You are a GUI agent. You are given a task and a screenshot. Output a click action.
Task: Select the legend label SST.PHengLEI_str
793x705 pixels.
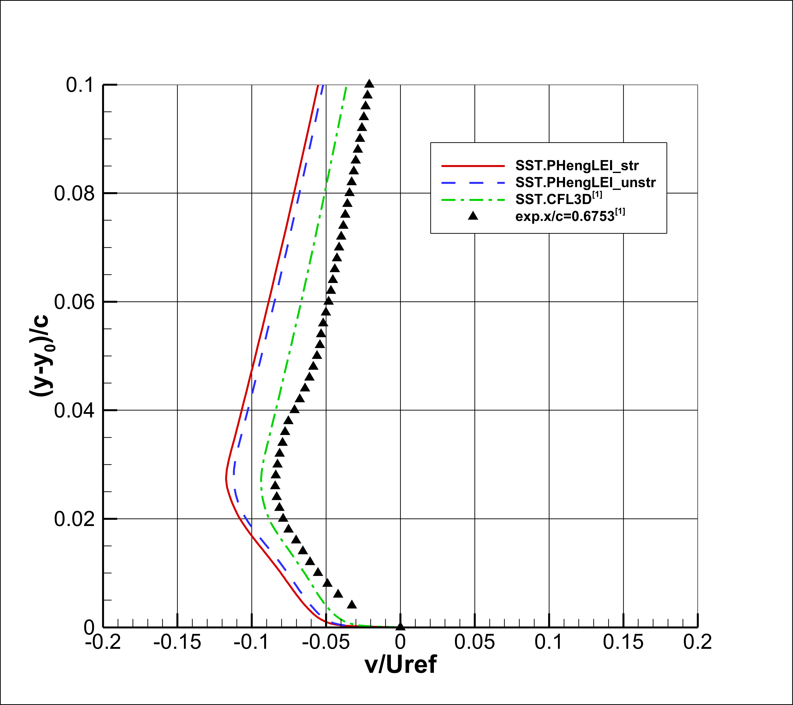577,166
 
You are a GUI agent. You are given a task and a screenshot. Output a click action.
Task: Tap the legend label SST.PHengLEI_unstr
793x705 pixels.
585,182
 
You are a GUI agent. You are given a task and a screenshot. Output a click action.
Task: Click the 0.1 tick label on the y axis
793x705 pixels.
80,85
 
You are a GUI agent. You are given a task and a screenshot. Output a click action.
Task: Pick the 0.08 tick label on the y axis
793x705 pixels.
74,193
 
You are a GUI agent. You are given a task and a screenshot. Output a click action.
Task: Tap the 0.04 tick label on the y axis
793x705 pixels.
74,410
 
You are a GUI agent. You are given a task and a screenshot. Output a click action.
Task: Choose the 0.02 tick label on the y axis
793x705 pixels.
74,519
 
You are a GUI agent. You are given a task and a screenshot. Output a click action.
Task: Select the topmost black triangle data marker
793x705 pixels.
370,83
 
